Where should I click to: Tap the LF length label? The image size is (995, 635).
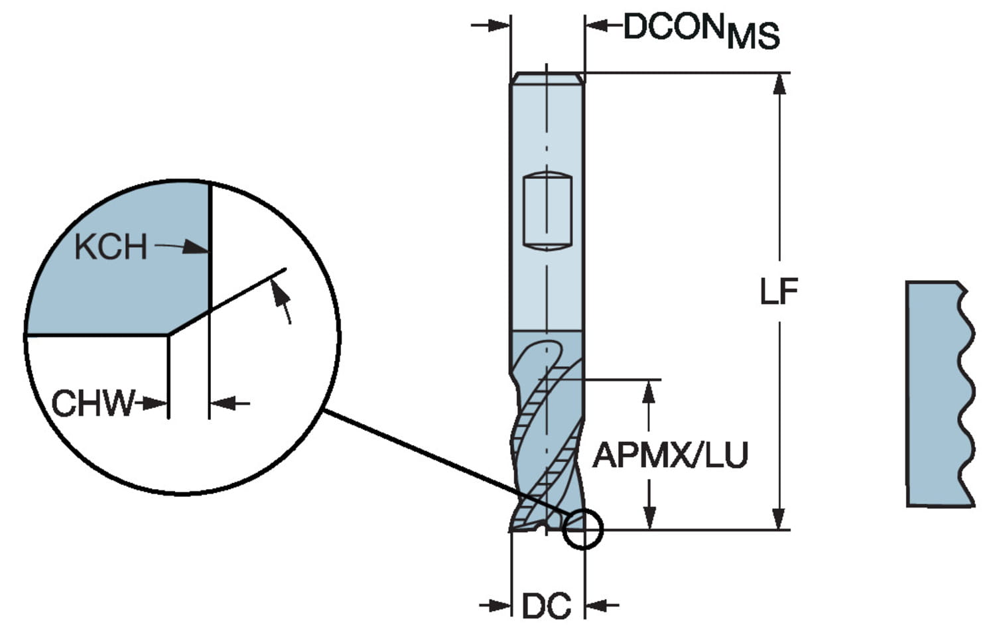click(779, 291)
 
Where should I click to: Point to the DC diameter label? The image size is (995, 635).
click(547, 606)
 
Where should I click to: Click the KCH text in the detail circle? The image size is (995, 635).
click(111, 247)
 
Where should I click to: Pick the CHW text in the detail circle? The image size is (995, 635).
click(93, 403)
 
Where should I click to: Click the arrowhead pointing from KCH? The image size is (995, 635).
click(196, 247)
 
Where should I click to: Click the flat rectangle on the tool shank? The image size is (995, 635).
click(547, 210)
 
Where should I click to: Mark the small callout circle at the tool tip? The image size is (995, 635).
click(583, 529)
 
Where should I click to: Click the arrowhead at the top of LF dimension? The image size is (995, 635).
click(779, 84)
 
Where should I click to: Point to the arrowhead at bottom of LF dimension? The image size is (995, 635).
click(778, 519)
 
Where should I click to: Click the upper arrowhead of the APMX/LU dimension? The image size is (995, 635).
click(649, 392)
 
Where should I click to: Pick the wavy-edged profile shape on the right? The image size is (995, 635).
click(941, 393)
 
